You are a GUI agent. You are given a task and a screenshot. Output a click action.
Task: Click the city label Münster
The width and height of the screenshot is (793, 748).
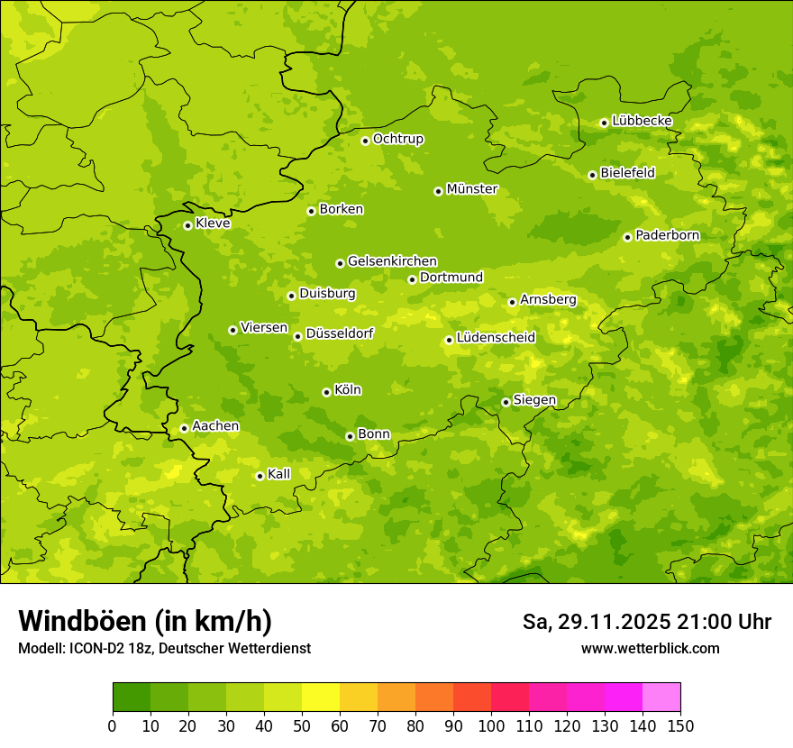(x=472, y=189)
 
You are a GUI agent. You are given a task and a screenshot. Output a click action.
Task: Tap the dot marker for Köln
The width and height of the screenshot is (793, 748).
(x=326, y=392)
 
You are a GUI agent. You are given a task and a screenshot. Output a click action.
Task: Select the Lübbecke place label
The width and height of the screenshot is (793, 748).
(x=642, y=121)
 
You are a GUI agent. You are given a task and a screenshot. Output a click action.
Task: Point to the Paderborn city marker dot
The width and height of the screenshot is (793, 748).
(x=627, y=237)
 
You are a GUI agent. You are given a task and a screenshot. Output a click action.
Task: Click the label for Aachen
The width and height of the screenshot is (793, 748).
(x=215, y=426)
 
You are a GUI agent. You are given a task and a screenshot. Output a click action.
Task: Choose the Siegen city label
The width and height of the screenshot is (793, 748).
(x=534, y=400)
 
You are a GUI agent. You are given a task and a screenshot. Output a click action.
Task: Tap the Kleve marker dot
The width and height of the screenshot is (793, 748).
(x=187, y=225)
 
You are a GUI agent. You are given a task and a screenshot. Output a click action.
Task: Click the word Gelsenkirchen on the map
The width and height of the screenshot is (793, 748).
(x=392, y=261)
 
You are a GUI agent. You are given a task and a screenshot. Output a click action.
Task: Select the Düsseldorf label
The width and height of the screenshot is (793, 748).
(x=339, y=333)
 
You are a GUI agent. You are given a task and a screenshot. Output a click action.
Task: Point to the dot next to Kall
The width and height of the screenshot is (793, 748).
(x=260, y=476)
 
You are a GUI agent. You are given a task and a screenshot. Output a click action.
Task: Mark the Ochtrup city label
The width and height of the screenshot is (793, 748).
(x=397, y=139)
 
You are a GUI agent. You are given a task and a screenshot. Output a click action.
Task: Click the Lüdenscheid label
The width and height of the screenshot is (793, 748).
(x=496, y=338)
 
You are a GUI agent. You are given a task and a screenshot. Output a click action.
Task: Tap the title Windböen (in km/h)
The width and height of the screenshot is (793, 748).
(x=145, y=621)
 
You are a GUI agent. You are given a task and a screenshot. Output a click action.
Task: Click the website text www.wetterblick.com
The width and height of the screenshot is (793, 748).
(x=650, y=649)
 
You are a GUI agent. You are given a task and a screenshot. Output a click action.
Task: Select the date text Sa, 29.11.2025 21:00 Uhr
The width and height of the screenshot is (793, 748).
(x=646, y=622)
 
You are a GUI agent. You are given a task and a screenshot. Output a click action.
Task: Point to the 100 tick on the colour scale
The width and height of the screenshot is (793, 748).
(x=490, y=725)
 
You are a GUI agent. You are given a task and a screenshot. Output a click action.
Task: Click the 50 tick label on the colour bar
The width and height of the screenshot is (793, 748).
(x=302, y=725)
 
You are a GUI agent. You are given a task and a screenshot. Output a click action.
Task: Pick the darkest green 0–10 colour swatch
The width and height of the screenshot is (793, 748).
(x=132, y=698)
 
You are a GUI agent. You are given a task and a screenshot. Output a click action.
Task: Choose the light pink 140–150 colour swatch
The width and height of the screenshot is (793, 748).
(x=661, y=698)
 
